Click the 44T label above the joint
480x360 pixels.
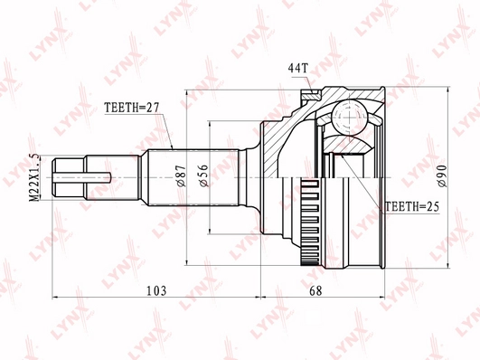[297, 68]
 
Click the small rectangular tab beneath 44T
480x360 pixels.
[310, 90]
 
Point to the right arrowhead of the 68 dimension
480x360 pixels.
[387, 296]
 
